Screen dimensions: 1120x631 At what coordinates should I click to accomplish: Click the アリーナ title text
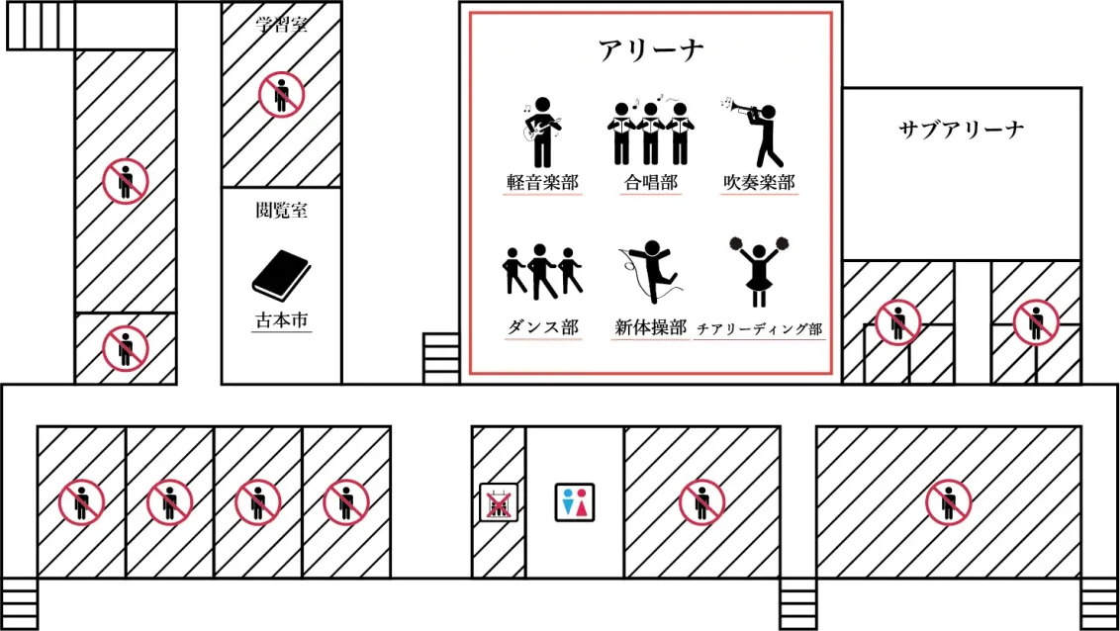651,50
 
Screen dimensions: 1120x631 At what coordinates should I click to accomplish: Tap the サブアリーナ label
962,130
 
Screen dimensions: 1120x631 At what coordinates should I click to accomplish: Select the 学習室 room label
281,25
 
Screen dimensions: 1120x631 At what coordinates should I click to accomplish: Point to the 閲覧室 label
281,210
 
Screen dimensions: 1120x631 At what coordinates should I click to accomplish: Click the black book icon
281,276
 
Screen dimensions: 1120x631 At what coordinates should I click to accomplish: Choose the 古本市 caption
281,320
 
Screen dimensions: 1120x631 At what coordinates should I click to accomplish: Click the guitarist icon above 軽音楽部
541,133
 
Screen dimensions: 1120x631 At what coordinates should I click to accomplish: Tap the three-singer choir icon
650,133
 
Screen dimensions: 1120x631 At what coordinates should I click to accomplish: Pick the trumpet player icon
754,133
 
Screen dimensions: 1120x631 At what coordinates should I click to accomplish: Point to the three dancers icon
542,271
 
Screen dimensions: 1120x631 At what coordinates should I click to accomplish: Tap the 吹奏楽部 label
759,183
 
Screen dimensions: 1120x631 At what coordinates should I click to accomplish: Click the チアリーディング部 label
759,329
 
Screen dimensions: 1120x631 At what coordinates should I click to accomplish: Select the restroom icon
575,501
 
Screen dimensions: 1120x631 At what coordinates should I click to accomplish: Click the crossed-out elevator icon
499,501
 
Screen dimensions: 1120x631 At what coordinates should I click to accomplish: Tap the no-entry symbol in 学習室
281,94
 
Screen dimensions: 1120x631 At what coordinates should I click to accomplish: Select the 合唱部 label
650,183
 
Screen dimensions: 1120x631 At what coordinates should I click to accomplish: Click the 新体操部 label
650,327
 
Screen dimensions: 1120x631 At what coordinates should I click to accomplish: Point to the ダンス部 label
543,327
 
